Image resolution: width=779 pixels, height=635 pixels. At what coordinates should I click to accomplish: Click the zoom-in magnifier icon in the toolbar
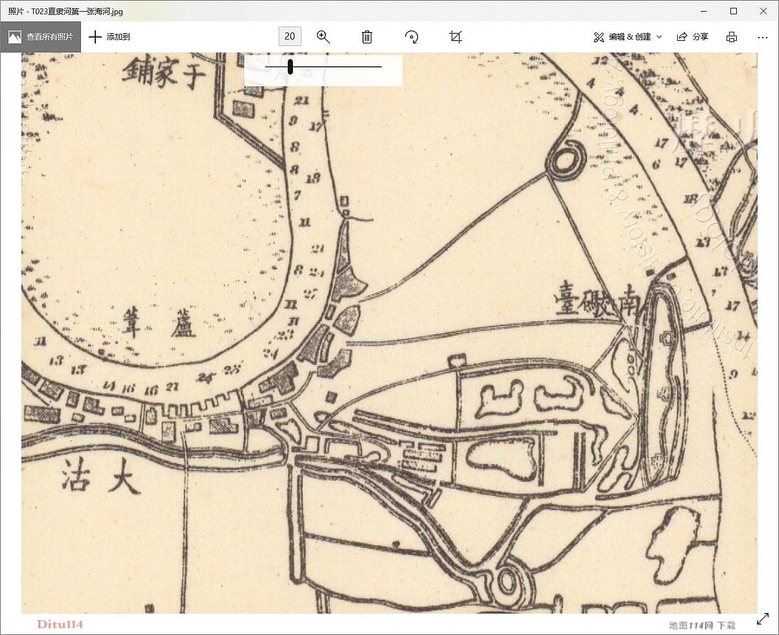[323, 36]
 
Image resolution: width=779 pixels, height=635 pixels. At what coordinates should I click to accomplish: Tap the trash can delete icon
[367, 36]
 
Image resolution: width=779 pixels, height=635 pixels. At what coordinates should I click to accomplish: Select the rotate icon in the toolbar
[412, 36]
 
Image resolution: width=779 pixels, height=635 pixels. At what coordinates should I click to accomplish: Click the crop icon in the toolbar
[456, 36]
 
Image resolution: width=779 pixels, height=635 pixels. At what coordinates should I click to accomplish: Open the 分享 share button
[693, 36]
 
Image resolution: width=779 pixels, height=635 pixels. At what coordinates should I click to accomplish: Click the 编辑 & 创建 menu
[627, 36]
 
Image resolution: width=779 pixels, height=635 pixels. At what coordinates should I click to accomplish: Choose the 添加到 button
[110, 36]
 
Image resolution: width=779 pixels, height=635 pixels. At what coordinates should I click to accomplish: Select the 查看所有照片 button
[41, 36]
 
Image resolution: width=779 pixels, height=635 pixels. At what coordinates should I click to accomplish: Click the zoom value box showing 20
[290, 36]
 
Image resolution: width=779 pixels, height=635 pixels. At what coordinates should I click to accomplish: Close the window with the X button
[763, 11]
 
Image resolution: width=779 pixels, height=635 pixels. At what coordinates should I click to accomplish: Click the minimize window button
[704, 11]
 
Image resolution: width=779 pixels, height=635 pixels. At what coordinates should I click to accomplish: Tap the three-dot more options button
[762, 37]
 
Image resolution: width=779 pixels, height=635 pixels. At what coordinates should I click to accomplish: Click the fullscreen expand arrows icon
[763, 619]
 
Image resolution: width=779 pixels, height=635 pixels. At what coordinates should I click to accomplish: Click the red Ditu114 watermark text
[60, 624]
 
